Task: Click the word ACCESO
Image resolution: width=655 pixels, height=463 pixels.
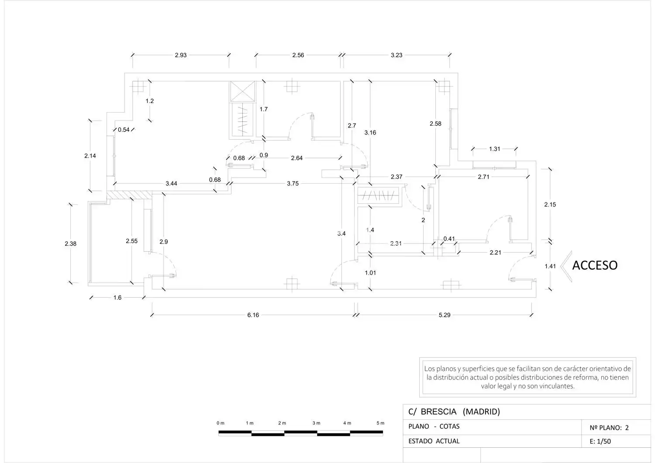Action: coord(595,265)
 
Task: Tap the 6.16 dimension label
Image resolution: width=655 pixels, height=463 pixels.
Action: coord(253,315)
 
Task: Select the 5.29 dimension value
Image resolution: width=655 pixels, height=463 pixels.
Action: coord(445,315)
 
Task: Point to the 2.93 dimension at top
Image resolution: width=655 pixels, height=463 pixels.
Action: coord(181,55)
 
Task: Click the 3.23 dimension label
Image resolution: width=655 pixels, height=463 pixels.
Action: coord(396,55)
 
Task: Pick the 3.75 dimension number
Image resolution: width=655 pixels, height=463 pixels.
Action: coord(293,184)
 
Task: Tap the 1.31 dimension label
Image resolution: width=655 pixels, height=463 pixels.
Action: coord(494,149)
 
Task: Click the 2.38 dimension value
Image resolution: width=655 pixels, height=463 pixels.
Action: coord(70,244)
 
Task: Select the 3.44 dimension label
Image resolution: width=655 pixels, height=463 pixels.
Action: coord(171,184)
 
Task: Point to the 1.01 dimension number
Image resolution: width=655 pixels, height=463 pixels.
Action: coord(370,273)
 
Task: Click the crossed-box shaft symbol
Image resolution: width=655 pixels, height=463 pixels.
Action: coord(242,92)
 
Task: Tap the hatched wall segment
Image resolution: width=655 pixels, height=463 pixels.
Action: coord(129,195)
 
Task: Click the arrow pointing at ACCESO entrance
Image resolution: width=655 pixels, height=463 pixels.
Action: coord(566,266)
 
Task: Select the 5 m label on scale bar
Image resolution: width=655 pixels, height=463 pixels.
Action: coord(380,423)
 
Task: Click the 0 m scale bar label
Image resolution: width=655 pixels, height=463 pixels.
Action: coord(221,423)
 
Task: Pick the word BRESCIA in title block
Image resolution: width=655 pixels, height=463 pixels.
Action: coord(438,412)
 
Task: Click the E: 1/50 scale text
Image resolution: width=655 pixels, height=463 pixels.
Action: coord(600,441)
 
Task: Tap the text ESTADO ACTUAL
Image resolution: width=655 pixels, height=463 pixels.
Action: coord(434,441)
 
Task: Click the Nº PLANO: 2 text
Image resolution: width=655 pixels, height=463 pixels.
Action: coord(609,428)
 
